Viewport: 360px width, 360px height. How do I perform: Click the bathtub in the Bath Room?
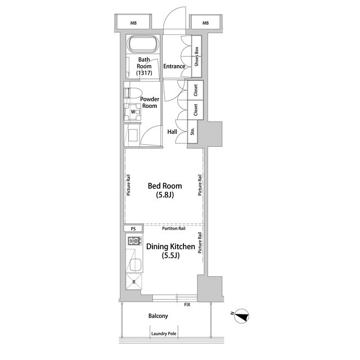point(143,44)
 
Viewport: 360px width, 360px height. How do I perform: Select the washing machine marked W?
point(133,112)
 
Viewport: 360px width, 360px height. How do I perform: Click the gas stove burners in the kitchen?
point(134,241)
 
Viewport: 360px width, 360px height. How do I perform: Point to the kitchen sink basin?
point(135,265)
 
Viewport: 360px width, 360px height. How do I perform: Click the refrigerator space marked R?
point(134,282)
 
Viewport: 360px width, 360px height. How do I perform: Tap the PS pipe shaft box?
point(133,229)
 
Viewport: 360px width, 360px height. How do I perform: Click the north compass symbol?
point(241,316)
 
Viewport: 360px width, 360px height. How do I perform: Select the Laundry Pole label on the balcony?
point(164,334)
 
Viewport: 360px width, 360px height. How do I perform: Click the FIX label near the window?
point(187,305)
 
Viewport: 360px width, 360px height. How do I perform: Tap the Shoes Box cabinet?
point(196,56)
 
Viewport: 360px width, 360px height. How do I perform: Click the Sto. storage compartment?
point(192,132)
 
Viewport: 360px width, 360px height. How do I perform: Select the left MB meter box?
point(133,22)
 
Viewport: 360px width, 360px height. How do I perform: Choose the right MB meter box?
point(206,22)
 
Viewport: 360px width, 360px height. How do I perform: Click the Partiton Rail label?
point(174,228)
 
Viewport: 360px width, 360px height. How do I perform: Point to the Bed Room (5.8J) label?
point(165,190)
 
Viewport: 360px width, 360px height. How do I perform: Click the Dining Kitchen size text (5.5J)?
point(170,255)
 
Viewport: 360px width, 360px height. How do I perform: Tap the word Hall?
point(172,132)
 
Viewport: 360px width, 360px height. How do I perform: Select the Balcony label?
point(158,316)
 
